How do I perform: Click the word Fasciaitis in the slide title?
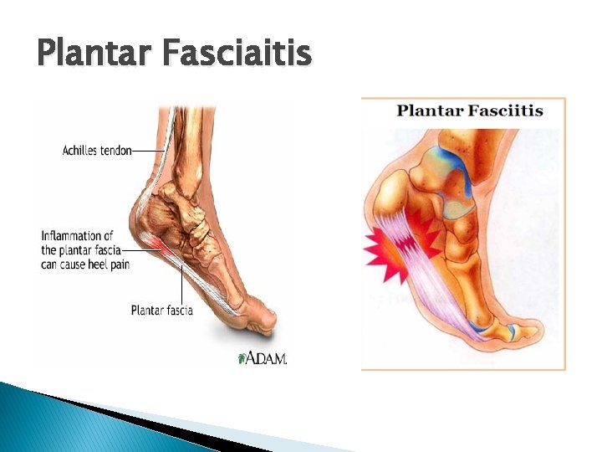point(238,54)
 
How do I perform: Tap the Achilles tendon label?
point(97,151)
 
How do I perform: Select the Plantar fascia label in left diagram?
point(161,311)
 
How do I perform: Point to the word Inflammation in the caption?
point(77,236)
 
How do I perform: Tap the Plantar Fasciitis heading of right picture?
point(470,110)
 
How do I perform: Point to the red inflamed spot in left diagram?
point(157,243)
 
